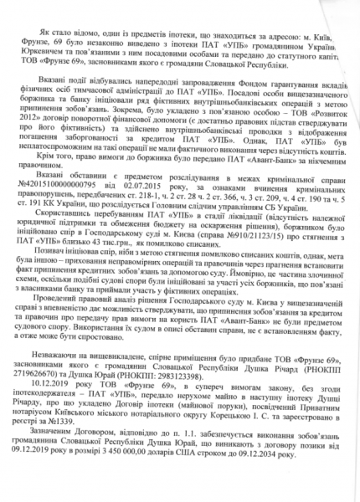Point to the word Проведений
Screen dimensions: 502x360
(x=82, y=310)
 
